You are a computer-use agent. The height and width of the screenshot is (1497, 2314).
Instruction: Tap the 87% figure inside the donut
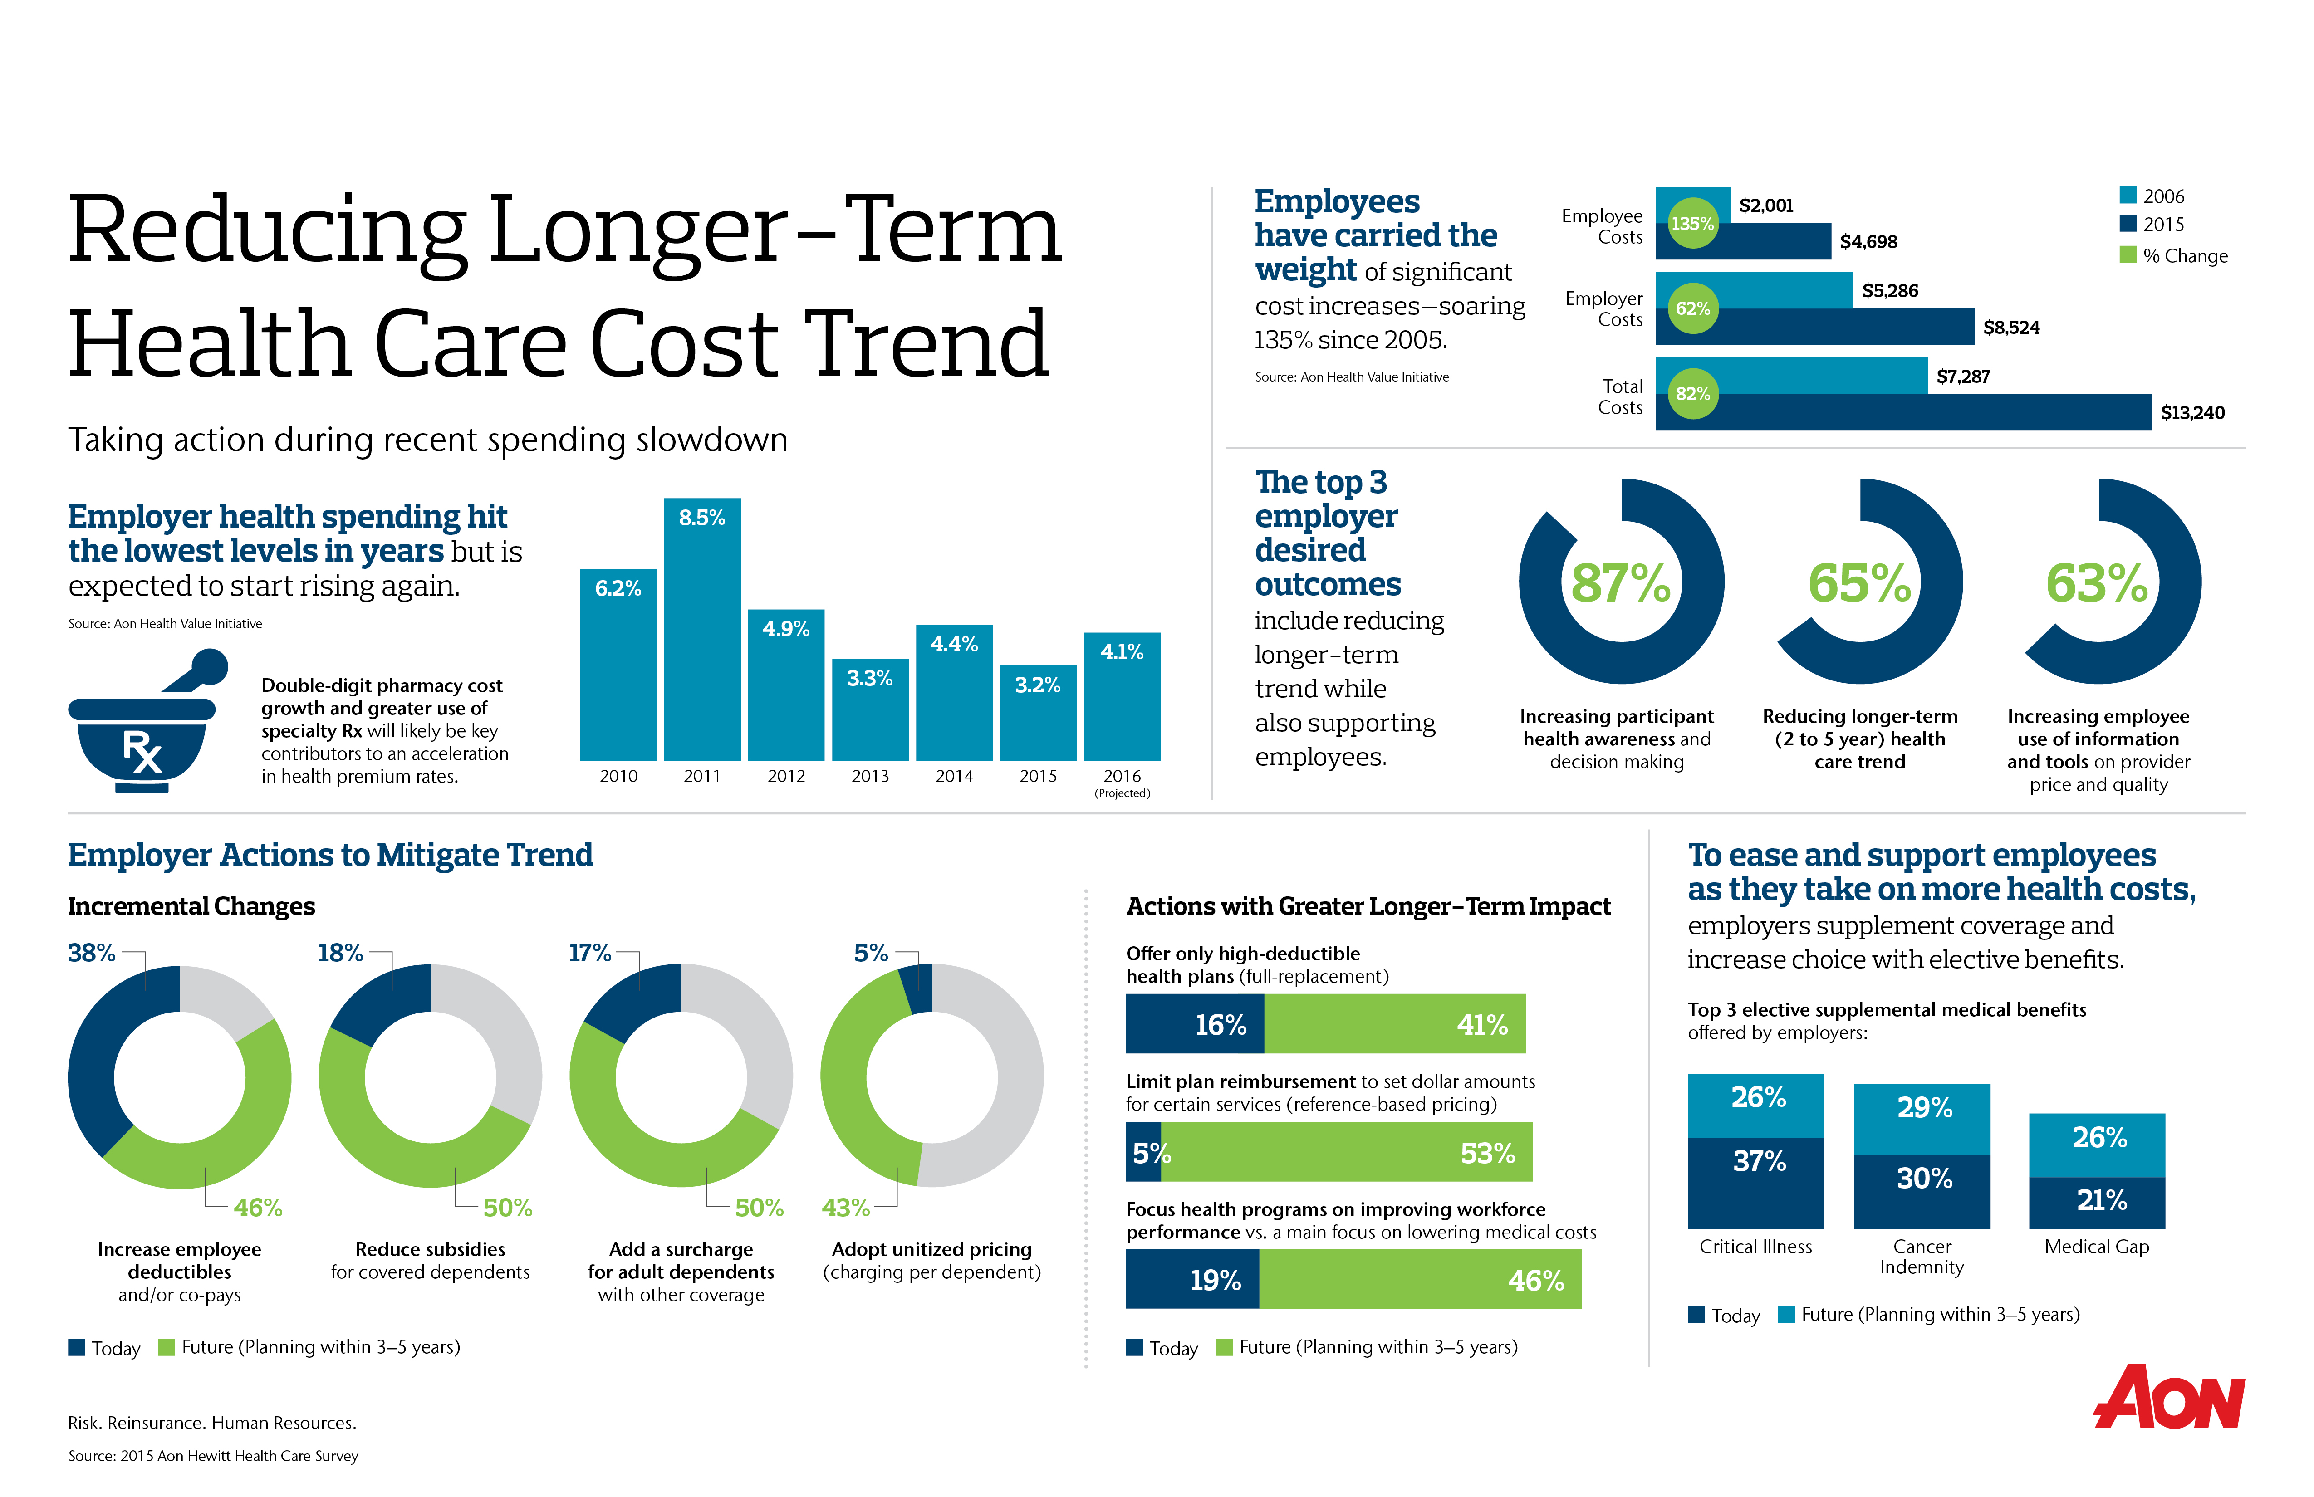click(1621, 583)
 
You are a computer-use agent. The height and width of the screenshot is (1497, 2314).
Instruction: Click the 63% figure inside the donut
click(2097, 583)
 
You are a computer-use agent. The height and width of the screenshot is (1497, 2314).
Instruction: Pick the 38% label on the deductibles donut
click(91, 953)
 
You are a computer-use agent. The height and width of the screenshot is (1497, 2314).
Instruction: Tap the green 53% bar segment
click(1347, 1153)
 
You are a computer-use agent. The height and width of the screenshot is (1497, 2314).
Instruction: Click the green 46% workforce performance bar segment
click(1420, 1279)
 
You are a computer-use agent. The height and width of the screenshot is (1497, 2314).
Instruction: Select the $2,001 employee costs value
click(1765, 205)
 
